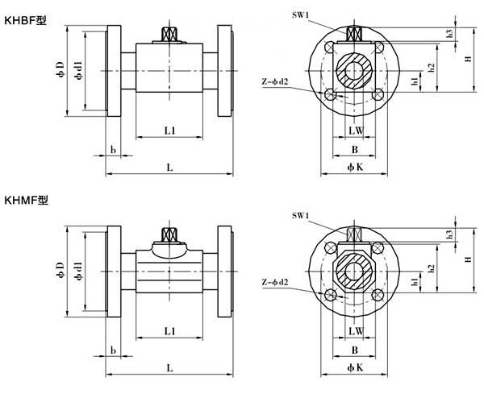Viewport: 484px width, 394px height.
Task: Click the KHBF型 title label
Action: pos(25,21)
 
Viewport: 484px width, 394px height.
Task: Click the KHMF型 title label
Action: pos(27,201)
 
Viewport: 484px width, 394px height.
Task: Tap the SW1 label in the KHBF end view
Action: pos(300,15)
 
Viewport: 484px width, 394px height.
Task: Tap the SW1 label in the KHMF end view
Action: pos(300,215)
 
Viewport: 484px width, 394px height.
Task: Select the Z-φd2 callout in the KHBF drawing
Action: pos(275,81)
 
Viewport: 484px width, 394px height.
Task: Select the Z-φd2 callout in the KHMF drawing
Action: pos(275,282)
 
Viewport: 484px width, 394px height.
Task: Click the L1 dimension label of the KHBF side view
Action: pos(169,131)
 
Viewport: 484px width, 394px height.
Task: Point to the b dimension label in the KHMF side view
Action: pos(113,350)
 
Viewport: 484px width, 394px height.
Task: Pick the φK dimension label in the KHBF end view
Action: pos(355,167)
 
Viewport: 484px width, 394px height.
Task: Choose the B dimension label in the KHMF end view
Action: pos(355,350)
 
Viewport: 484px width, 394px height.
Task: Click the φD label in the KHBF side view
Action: pos(60,69)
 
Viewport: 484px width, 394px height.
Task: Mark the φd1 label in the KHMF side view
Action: pos(79,271)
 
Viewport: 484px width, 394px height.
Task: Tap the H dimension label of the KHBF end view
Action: pos(469,59)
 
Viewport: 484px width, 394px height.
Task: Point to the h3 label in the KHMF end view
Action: pos(450,234)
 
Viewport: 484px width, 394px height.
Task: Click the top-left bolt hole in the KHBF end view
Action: pos(329,48)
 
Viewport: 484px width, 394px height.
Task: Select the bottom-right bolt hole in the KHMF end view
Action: pos(378,295)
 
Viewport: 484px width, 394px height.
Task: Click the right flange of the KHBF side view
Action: pos(225,71)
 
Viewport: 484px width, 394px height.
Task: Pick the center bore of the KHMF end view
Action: pos(354,272)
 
